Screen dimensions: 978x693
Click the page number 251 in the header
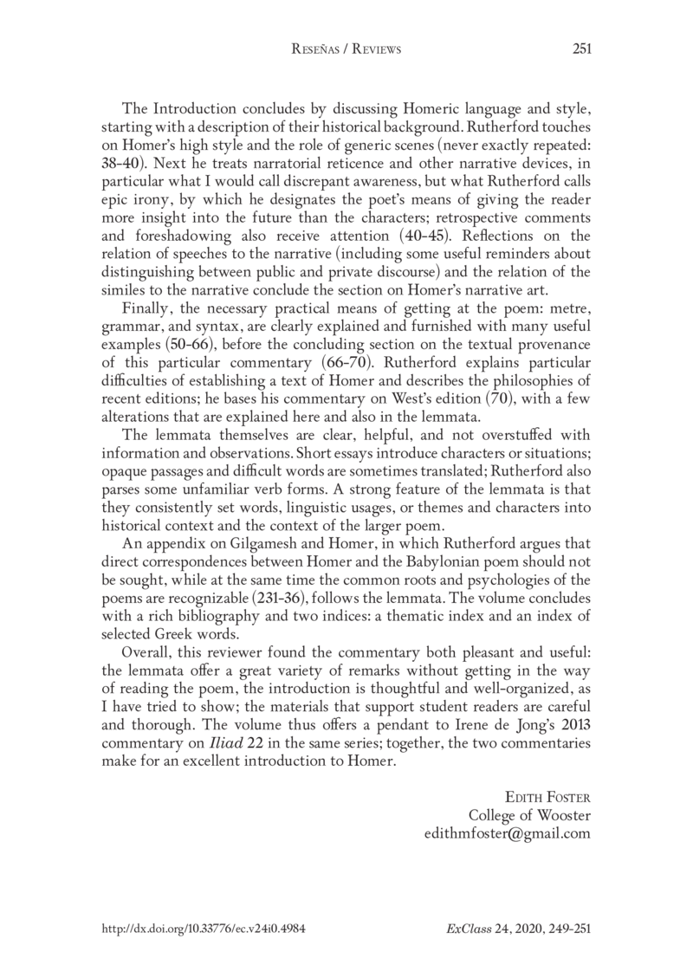(x=581, y=49)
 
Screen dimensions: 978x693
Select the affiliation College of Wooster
(x=529, y=815)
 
